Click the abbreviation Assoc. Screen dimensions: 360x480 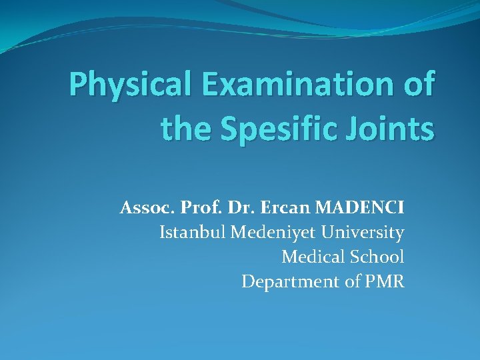click(x=143, y=209)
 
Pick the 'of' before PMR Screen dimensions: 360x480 click(x=352, y=281)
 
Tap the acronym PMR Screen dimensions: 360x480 click(x=385, y=281)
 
